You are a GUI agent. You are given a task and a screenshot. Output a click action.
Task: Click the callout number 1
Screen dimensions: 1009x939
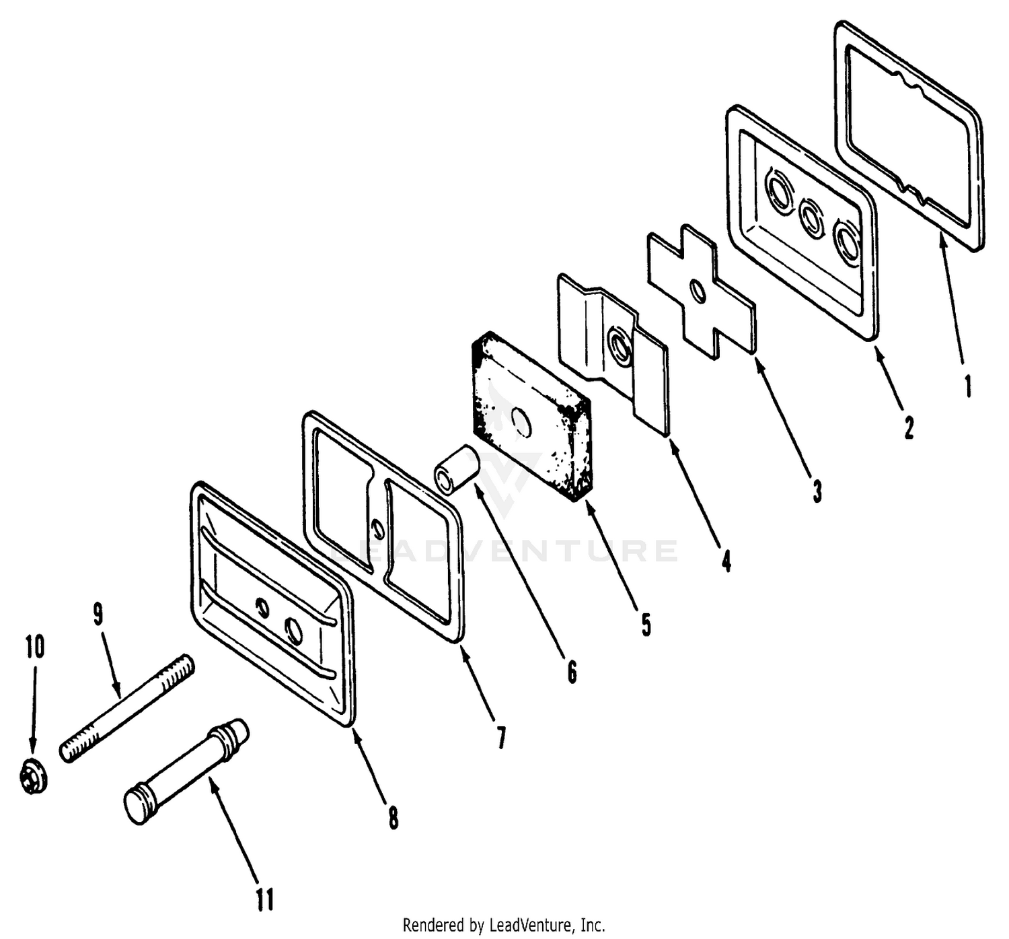point(969,386)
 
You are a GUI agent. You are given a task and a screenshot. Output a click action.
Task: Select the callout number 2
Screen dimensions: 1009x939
point(909,427)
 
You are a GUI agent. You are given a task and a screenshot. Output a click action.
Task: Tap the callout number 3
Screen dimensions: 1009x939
point(817,491)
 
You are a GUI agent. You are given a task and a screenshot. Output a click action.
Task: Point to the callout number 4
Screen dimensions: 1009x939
point(726,561)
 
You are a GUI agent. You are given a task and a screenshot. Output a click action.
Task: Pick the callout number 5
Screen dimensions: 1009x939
point(646,625)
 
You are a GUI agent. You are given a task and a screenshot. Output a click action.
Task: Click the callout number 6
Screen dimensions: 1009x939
point(572,672)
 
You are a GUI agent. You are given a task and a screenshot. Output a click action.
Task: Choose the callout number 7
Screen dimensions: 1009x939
point(501,738)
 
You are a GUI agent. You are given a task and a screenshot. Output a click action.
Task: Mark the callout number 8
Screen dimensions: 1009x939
point(393,818)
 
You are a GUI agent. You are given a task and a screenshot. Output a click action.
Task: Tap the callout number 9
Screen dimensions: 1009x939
point(98,614)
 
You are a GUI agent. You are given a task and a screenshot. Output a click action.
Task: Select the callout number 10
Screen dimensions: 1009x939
point(34,646)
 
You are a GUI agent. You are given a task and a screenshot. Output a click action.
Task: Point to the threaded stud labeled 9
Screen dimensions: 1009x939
point(126,707)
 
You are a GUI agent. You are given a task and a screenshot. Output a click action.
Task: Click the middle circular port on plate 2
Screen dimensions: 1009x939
point(811,217)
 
